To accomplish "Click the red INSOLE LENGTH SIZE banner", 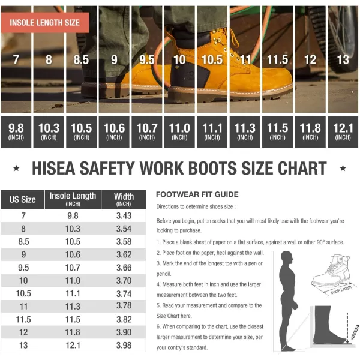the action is (45, 23).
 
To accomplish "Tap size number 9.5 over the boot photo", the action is (147, 59).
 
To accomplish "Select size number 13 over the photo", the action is (343, 59).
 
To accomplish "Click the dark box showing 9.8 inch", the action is (16, 132).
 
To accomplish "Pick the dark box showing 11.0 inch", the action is (179, 132).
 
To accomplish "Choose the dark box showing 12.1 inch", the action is (343, 132).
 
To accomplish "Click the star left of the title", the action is (16, 168).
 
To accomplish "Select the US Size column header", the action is (23, 199).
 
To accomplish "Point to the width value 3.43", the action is (124, 216).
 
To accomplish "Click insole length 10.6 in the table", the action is (73, 254).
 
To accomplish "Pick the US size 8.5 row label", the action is (23, 242).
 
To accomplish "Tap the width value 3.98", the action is (124, 346).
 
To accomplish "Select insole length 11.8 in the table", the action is (73, 332).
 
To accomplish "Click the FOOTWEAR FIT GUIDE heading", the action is (197, 194).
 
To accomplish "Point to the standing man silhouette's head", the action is (287, 258).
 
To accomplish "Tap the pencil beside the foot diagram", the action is (355, 332).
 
